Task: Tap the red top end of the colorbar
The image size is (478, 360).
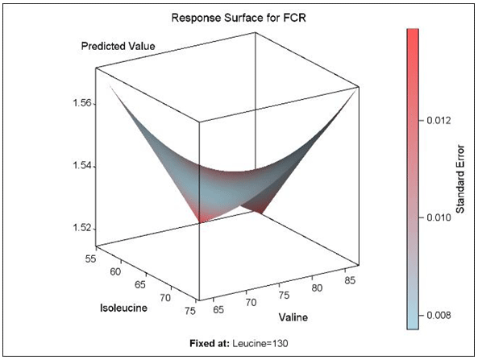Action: pos(412,34)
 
